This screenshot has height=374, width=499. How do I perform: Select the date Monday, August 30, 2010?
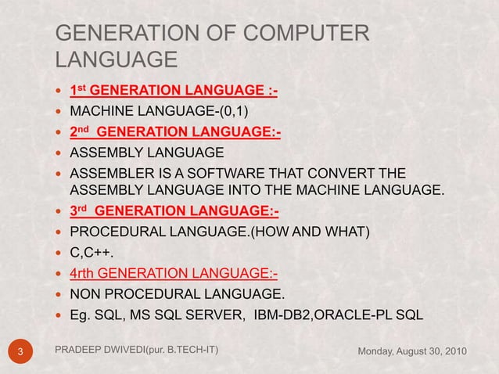pyautogui.click(x=412, y=350)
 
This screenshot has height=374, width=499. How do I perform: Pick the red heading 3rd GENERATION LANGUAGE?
pyautogui.click(x=174, y=211)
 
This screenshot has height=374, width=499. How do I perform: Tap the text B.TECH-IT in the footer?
pyautogui.click(x=188, y=347)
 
